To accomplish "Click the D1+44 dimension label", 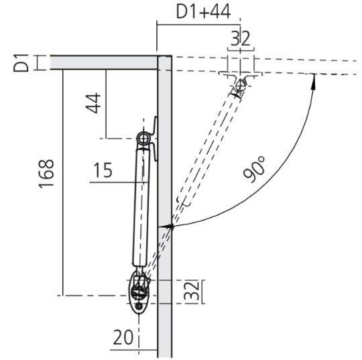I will [x=203, y=12].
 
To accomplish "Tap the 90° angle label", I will [x=255, y=170].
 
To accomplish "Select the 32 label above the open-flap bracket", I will [x=241, y=38].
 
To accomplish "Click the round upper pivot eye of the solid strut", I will [x=143, y=138].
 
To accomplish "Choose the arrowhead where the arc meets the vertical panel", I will [x=170, y=227].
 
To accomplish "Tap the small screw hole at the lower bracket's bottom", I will [x=139, y=307].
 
